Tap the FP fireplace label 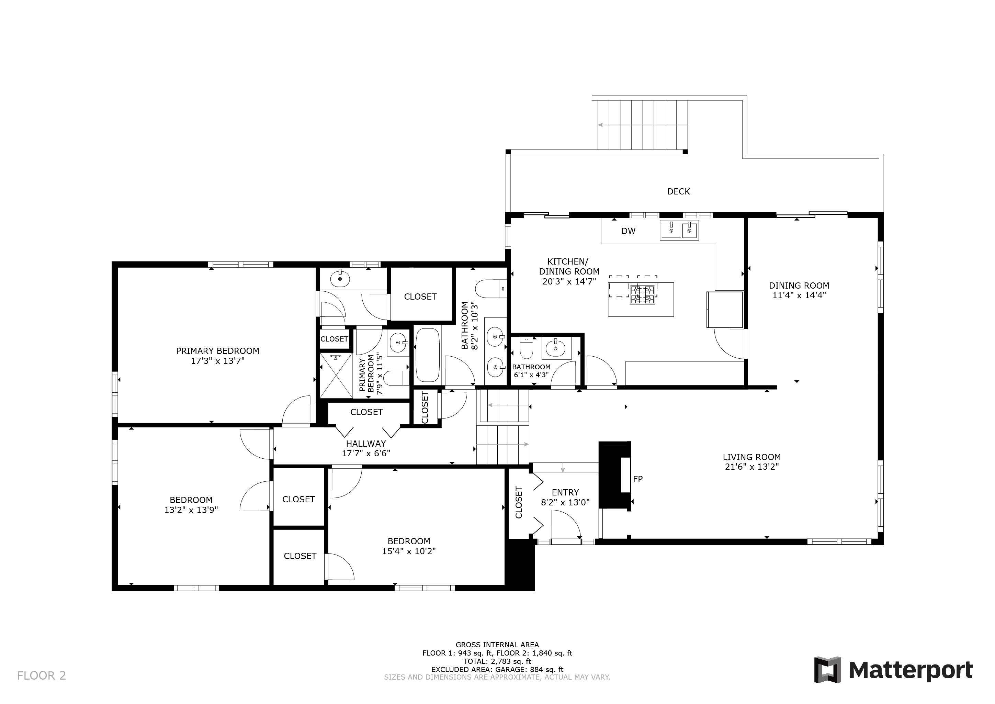(x=637, y=479)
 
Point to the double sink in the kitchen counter (x=679, y=230)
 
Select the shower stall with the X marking (x=336, y=375)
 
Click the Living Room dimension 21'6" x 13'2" (x=752, y=467)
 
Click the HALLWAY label (x=366, y=444)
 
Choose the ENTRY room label (x=565, y=492)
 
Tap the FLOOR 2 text (x=42, y=675)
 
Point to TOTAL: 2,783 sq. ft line (x=497, y=661)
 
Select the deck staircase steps (x=643, y=125)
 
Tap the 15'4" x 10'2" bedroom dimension (x=409, y=551)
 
